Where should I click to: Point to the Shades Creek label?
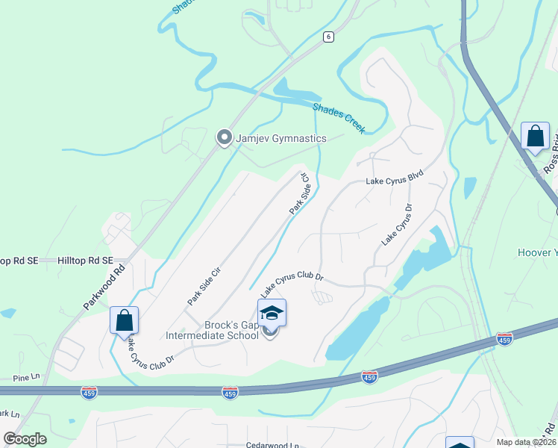click(x=339, y=118)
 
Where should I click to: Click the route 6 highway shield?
click(x=327, y=37)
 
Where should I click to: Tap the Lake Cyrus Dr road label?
click(x=397, y=223)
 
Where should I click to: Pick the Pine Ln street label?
click(x=14, y=379)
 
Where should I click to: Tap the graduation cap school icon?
click(x=272, y=312)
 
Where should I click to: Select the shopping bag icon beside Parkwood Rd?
click(x=124, y=320)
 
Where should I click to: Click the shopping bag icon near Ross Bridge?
click(x=535, y=136)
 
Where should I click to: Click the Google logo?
click(x=25, y=439)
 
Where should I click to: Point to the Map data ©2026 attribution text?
click(x=526, y=442)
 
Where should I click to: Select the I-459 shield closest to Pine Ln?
click(x=90, y=393)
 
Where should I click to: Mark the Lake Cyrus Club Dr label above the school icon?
click(x=292, y=281)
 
